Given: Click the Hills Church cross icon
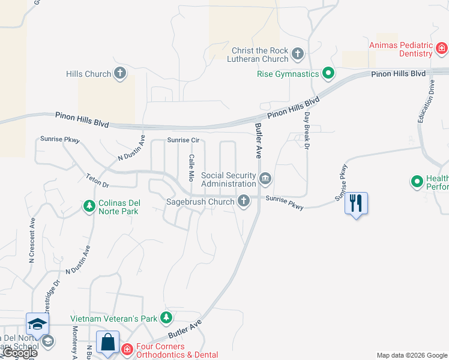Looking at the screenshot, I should (x=120, y=74).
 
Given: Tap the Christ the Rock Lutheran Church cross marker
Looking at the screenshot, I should (x=298, y=55).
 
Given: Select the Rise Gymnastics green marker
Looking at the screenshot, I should (x=328, y=74).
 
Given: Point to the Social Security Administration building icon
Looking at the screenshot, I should (x=265, y=179).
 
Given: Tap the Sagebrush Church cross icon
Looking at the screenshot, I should (x=244, y=201).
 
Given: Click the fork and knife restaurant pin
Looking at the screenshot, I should (x=357, y=203).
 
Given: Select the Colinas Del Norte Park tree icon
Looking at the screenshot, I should (x=89, y=206).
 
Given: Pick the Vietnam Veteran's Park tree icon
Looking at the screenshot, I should (x=166, y=318).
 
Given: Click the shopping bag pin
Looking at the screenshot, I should (x=107, y=342).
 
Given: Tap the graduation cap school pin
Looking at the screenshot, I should (x=37, y=324).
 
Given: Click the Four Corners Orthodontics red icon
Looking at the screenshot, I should (x=127, y=349).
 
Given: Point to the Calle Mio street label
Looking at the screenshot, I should (x=191, y=168).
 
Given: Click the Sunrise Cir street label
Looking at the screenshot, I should (x=183, y=140).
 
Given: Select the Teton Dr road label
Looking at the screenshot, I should (x=97, y=181).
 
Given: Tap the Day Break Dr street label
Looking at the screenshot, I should (x=307, y=131).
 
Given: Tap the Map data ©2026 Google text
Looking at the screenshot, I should (x=411, y=355).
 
